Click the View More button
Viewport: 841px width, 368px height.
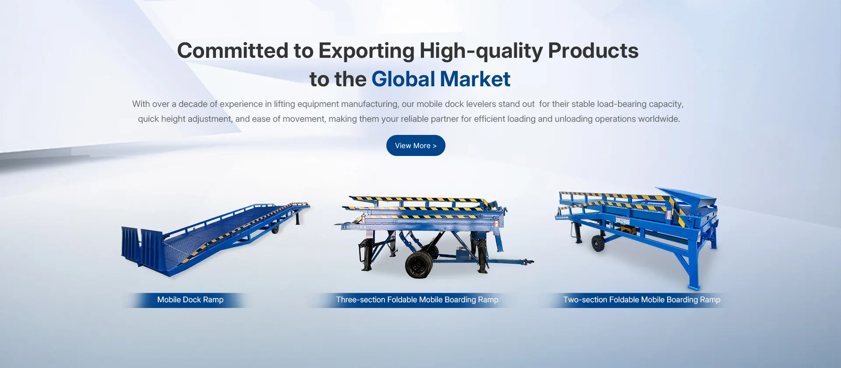(416, 145)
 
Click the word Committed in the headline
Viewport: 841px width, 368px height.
(233, 51)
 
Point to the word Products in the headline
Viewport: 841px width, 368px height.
(593, 51)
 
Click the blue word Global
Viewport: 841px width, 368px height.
(403, 79)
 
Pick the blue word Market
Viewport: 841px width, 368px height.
(475, 79)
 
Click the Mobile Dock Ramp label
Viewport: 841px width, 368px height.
(190, 300)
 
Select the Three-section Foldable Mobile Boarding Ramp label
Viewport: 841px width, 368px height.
(417, 300)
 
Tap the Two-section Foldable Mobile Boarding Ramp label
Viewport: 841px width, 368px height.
(642, 300)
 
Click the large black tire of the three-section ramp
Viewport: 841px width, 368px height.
(418, 265)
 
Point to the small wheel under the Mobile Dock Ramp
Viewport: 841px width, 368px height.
(275, 229)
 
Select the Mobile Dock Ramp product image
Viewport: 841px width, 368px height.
(215, 239)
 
